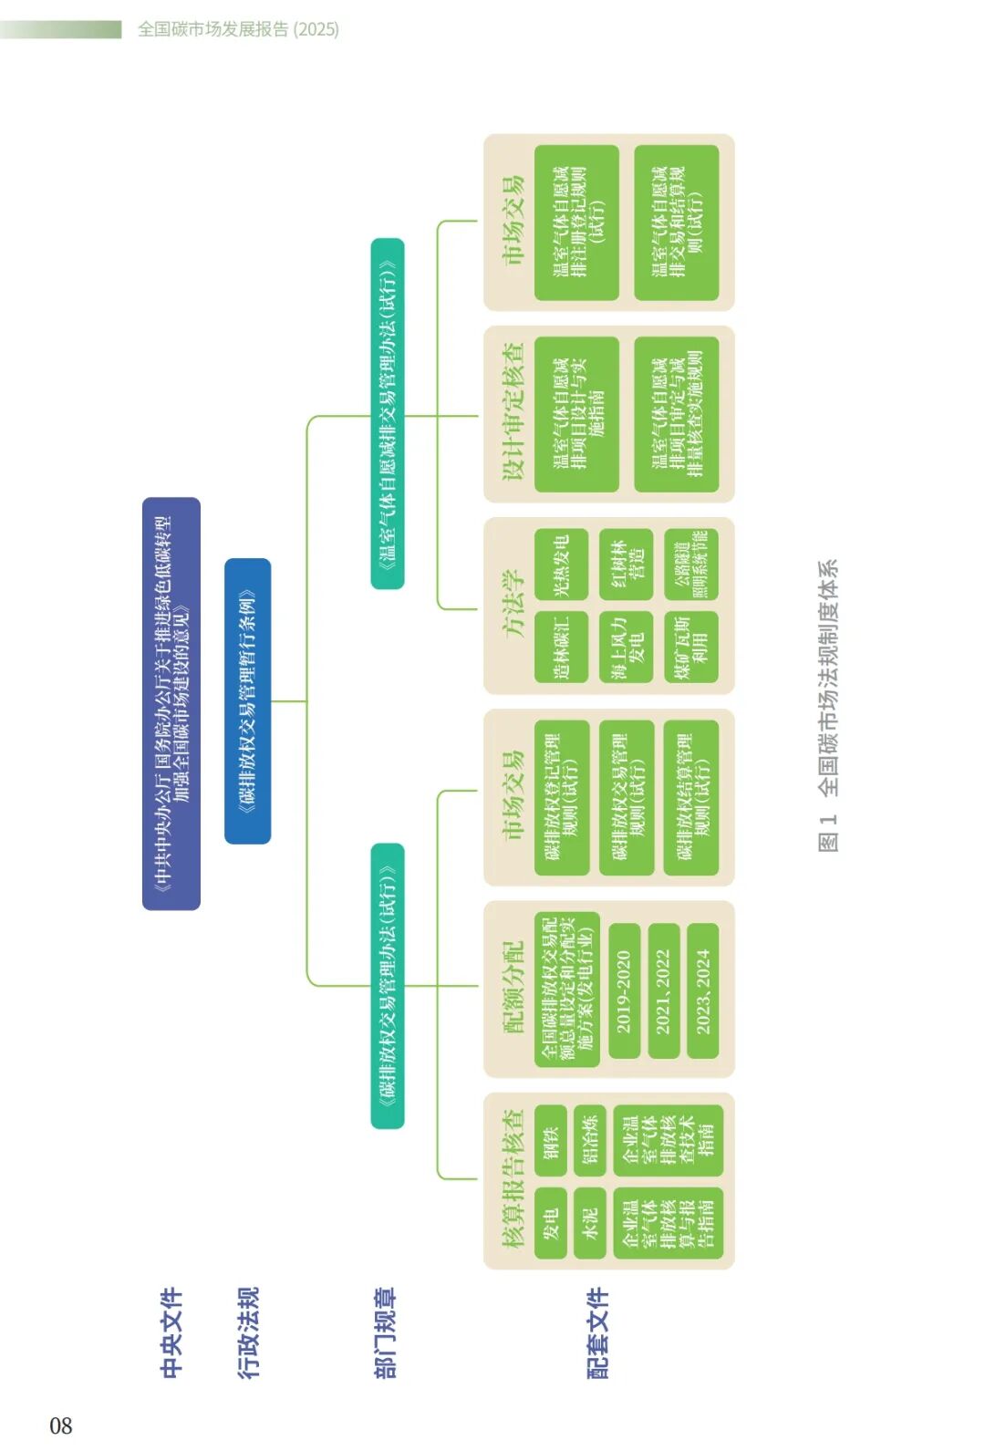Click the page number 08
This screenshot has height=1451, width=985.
pos(60,1425)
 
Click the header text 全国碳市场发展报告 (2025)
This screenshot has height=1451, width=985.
pos(238,29)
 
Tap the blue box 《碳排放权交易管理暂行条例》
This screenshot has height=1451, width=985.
pos(247,700)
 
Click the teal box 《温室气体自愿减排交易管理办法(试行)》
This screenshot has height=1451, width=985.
pos(388,413)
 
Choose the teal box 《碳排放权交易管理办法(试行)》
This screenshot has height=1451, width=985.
pos(388,985)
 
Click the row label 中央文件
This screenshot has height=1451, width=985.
pos(171,1332)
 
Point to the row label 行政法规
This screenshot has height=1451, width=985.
pos(248,1332)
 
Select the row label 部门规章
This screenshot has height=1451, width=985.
pos(386,1332)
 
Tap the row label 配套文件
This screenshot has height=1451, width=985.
pos(597,1332)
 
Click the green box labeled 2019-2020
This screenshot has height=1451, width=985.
pos(624,990)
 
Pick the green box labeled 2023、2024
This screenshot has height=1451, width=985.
pos(703,990)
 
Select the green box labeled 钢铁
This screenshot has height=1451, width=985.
pos(550,1135)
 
